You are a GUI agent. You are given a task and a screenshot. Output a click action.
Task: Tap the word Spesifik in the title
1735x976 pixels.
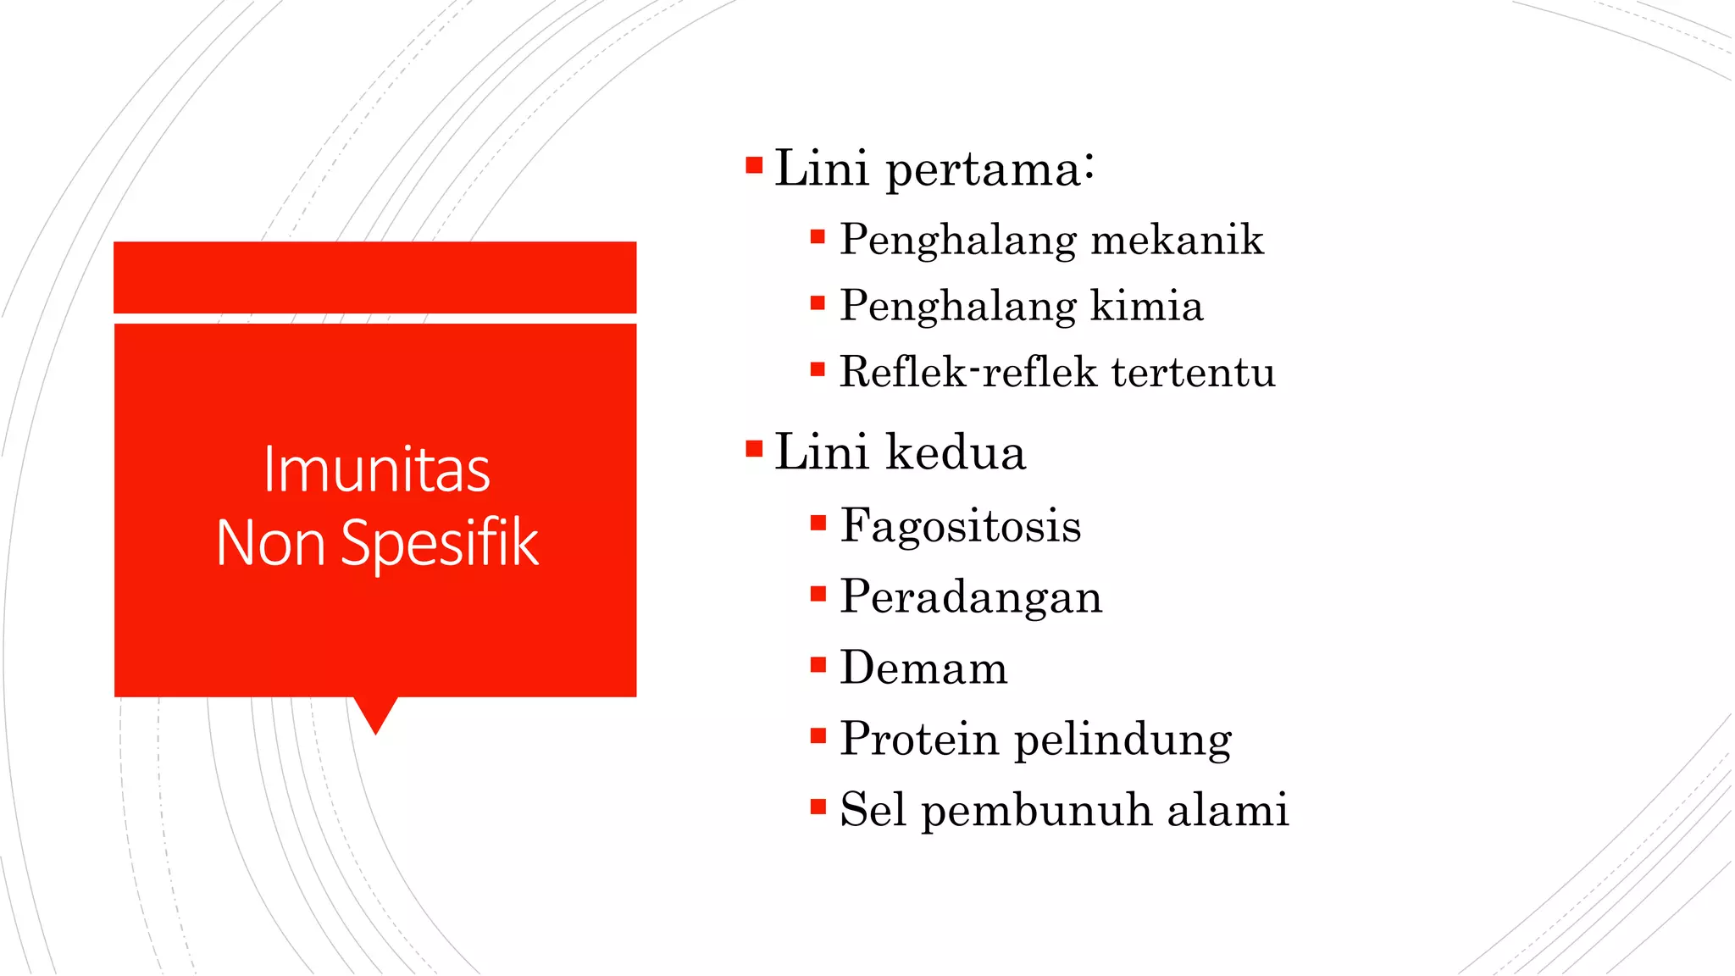[439, 544]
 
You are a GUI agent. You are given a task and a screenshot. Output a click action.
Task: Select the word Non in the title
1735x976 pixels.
[270, 544]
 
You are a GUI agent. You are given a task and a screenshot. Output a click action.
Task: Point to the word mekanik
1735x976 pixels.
[1177, 240]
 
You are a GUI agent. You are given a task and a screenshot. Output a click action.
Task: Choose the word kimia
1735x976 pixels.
[1146, 306]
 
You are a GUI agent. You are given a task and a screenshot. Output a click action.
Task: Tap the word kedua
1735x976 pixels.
[956, 452]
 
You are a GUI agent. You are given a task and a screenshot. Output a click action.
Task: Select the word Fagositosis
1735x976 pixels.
[961, 526]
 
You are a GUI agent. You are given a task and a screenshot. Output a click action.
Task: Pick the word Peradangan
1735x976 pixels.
[971, 597]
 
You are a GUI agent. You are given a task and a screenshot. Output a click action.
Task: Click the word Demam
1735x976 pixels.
[923, 668]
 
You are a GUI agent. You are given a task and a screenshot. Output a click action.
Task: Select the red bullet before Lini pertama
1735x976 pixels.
[754, 164]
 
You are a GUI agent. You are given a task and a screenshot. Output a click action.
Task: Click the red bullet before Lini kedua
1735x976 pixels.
[754, 447]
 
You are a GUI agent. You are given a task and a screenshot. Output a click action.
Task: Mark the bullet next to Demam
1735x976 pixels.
[818, 664]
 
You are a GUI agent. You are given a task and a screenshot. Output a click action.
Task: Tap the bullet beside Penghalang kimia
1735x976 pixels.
[818, 302]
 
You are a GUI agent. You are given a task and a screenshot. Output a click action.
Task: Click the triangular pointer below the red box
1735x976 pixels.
[375, 713]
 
